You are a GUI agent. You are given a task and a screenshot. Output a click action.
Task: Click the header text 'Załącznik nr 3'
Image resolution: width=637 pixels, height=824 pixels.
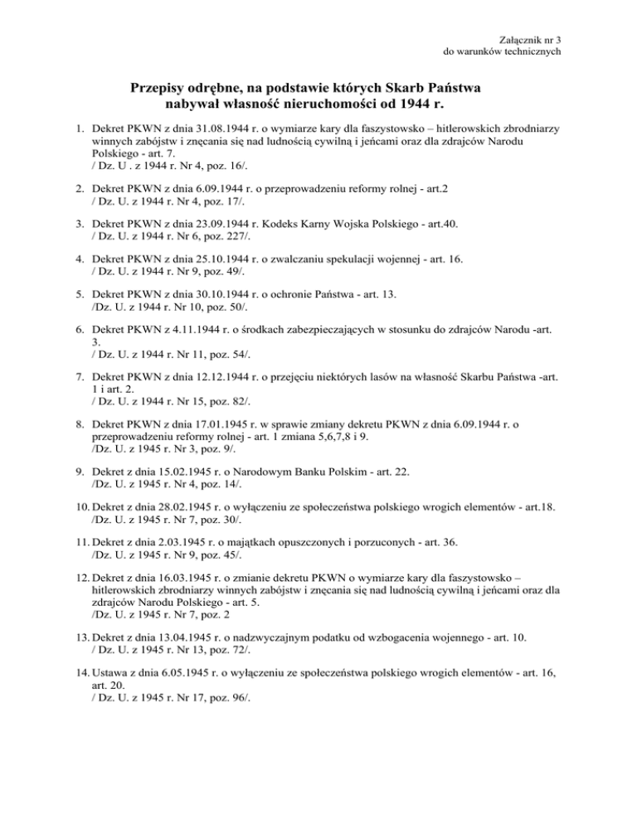click(531, 39)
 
